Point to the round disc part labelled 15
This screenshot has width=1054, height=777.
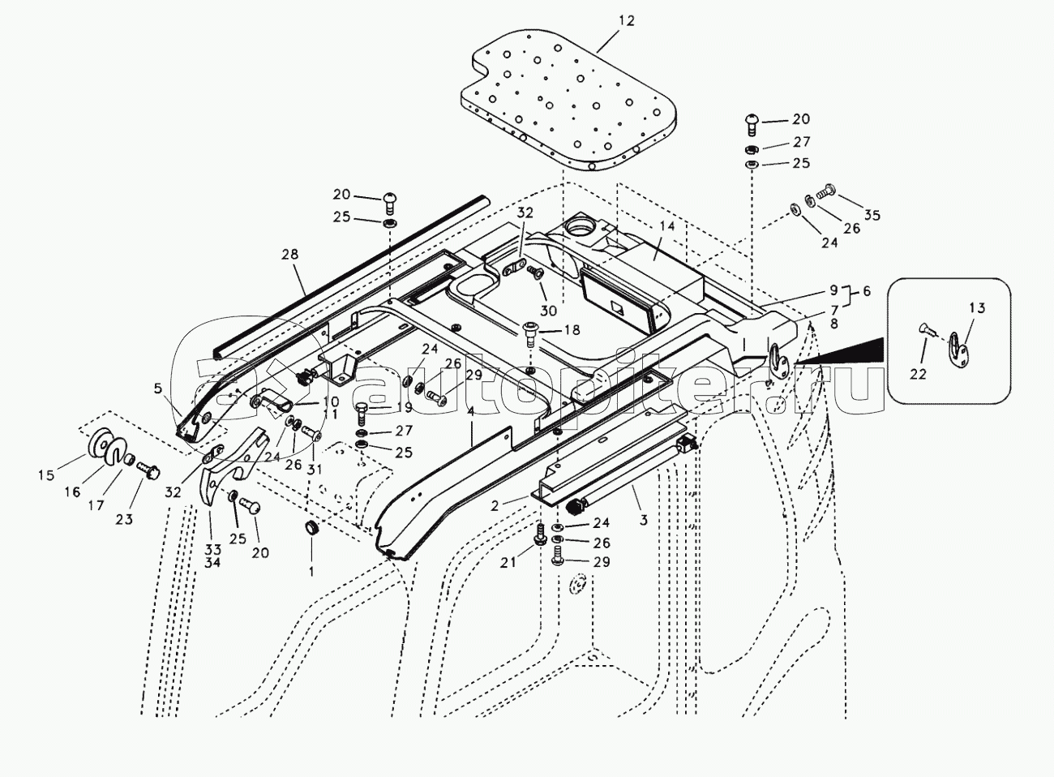[x=103, y=444]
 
